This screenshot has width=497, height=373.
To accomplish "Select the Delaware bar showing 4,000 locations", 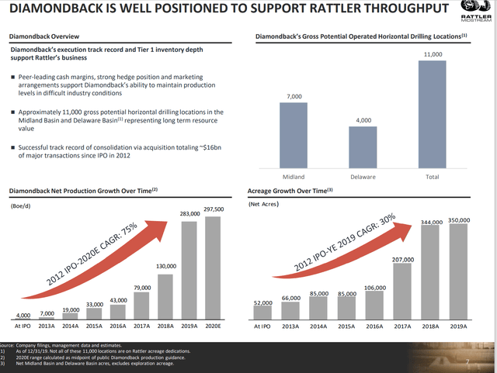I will pyautogui.click(x=363, y=147).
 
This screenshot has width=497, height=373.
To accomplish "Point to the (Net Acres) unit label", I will pyautogui.click(x=263, y=205).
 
